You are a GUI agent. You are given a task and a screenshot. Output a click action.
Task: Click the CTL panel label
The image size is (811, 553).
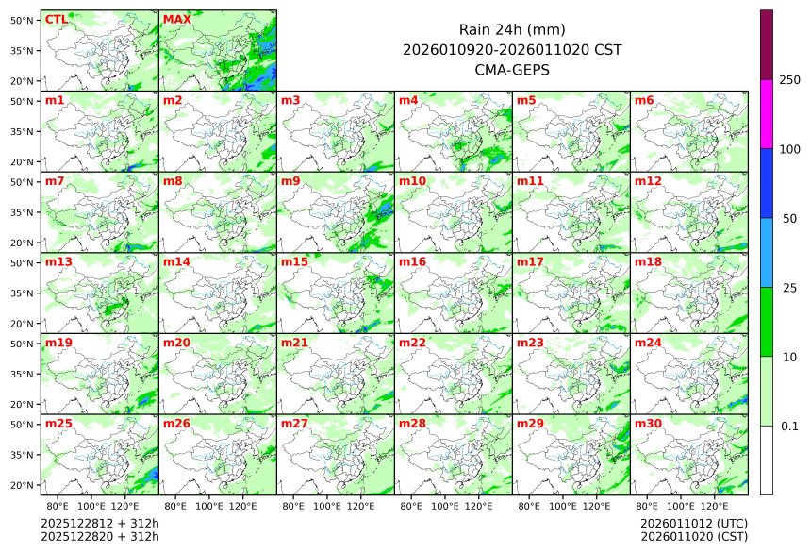[56, 19]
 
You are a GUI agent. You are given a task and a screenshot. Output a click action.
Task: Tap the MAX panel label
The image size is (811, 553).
[176, 19]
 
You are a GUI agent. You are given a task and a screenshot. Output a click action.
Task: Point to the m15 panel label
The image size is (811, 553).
[294, 261]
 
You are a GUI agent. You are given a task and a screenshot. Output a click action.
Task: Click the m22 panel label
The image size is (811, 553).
[412, 343]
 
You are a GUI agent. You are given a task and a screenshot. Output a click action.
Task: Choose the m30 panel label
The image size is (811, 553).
[648, 424]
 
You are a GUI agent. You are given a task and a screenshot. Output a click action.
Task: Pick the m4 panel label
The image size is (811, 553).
[408, 100]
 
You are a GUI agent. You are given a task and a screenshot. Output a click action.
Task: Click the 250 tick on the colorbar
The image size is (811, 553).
[790, 80]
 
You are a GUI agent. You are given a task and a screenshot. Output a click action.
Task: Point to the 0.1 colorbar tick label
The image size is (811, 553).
[789, 427]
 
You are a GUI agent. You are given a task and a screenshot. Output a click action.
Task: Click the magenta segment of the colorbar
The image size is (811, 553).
[767, 113]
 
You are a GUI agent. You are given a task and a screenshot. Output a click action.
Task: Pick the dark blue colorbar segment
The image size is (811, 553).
[767, 183]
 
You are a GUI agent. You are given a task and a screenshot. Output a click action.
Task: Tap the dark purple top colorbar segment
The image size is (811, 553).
[767, 44]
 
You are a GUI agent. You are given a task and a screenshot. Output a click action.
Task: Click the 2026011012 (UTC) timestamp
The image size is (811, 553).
[693, 523]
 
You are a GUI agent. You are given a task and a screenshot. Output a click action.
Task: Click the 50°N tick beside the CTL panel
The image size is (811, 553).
[23, 20]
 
